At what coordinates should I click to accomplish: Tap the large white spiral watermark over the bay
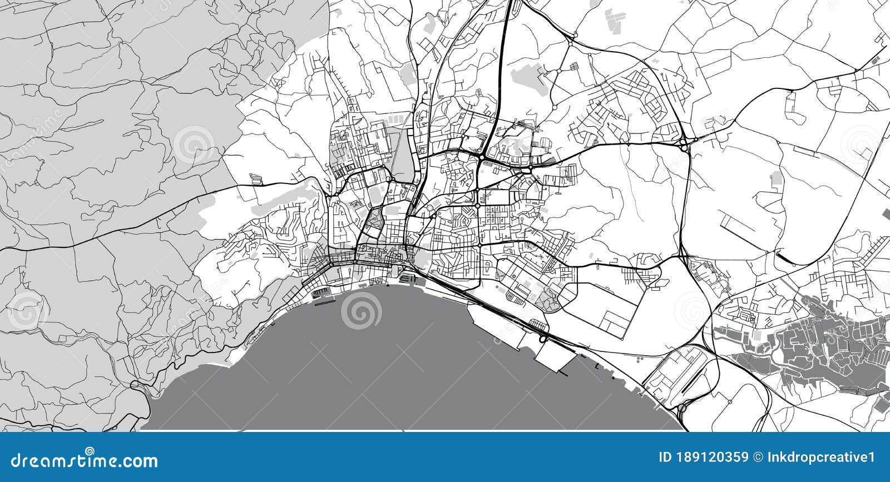pyautogui.click(x=362, y=311)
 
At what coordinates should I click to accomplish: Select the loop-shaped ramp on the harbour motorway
pyautogui.click(x=542, y=336)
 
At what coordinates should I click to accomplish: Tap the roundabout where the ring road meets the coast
pyautogui.click(x=682, y=409)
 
